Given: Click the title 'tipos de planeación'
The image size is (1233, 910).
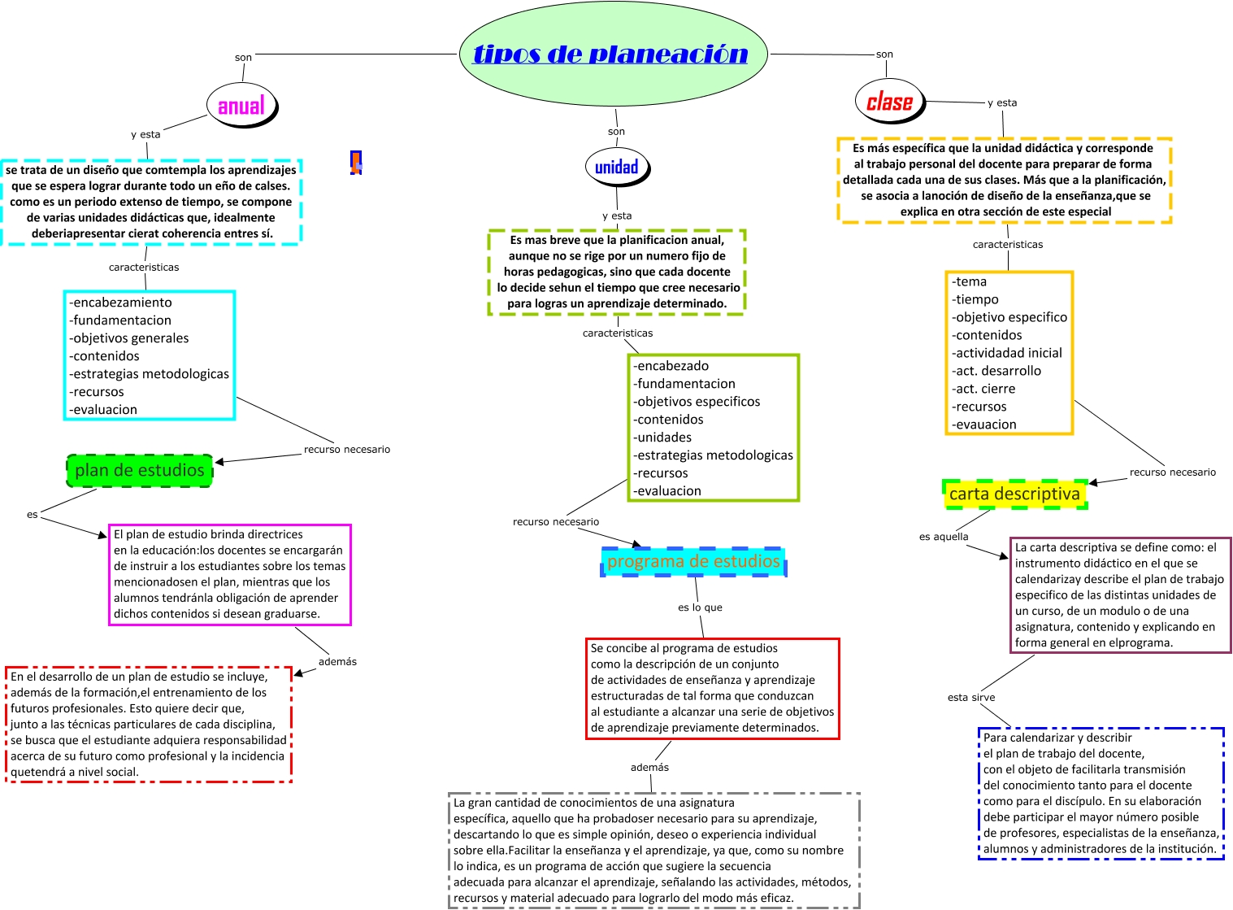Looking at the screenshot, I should coord(610,54).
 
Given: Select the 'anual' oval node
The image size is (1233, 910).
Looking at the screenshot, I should coord(241,106).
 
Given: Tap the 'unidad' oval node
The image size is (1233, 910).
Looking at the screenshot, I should coord(616,168).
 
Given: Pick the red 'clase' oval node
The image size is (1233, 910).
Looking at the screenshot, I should coord(889,102).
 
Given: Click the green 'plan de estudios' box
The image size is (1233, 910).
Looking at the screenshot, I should coord(139,471).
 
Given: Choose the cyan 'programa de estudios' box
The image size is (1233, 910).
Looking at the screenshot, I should coord(693,562).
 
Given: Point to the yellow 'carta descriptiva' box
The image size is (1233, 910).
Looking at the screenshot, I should coord(1014,494).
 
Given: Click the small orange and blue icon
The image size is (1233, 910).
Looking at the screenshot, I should coord(355,163).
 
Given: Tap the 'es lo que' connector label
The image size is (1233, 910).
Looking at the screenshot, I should coord(700,607).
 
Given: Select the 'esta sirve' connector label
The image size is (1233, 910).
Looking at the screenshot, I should coord(970,698).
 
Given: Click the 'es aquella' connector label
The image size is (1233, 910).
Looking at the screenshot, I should coord(944,537).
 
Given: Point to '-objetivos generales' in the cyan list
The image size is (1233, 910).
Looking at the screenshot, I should coord(129,338).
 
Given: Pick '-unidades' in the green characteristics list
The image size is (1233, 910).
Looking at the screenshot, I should coord(663,438).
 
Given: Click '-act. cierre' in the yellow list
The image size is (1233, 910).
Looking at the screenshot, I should coord(984,389).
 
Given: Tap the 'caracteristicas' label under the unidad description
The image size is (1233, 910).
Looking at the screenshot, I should coord(618,333).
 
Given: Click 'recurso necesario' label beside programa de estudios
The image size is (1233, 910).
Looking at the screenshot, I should coord(556,522).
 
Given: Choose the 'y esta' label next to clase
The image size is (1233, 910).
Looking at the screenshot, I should coord(1002,103).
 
